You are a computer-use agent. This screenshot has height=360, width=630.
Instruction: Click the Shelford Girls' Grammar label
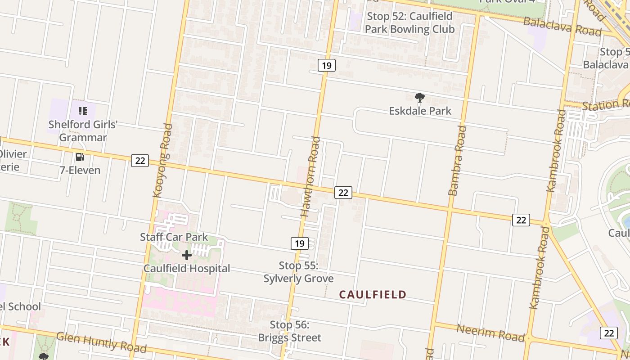[83, 131]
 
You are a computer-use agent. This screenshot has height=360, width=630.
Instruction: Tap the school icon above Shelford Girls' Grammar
[82, 111]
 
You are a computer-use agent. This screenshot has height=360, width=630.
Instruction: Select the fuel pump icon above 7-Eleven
[80, 157]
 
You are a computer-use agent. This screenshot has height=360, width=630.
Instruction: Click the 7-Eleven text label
[80, 170]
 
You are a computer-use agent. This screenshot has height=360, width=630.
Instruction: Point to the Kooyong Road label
[162, 160]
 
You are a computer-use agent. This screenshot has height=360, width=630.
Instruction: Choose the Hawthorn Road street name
[311, 177]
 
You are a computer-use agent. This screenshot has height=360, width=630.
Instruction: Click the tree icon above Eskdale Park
[419, 97]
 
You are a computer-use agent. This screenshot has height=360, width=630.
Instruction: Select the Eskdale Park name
[420, 111]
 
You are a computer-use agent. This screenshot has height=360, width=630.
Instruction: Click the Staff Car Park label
[174, 237]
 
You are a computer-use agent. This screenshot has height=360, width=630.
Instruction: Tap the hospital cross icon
[186, 255]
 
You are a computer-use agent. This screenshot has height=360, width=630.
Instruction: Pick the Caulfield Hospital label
[187, 269]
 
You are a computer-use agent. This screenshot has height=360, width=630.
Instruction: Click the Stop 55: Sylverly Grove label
[298, 272]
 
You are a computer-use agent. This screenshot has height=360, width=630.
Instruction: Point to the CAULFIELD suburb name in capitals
[373, 295]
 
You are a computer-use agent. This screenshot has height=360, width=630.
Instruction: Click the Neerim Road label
[490, 333]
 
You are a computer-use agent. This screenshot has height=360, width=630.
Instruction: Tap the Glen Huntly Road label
[101, 342]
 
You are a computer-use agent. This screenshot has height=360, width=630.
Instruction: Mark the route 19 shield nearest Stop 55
[299, 243]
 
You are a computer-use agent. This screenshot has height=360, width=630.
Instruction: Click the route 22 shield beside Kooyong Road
[140, 160]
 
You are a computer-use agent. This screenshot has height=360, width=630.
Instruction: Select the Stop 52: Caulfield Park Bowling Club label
[409, 22]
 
